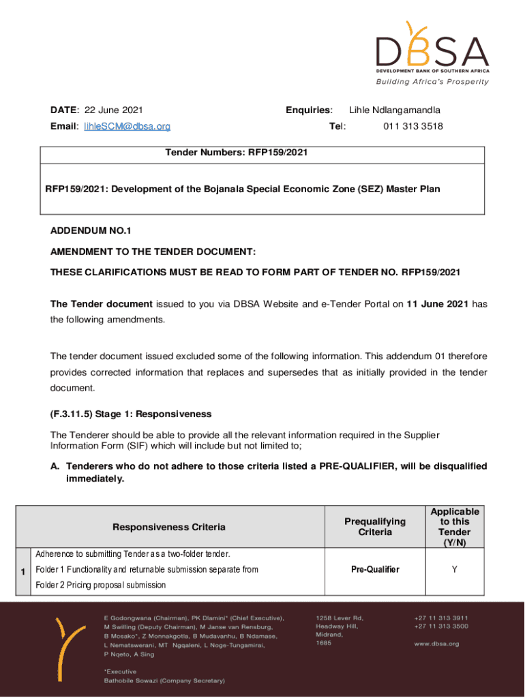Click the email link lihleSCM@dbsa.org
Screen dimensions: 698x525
click(x=127, y=126)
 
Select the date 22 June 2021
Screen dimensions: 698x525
click(x=113, y=110)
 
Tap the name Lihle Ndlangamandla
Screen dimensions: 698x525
click(x=395, y=110)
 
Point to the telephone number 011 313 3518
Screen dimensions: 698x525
click(x=413, y=126)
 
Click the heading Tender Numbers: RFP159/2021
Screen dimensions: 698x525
click(x=237, y=153)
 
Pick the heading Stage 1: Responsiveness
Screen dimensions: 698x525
click(x=131, y=414)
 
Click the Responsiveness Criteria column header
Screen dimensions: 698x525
click(x=168, y=527)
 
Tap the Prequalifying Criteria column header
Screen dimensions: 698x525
click(x=375, y=527)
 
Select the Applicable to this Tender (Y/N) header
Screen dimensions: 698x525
click(x=454, y=527)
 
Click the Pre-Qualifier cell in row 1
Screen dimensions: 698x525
click(x=375, y=569)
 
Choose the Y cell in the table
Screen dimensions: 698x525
click(x=454, y=569)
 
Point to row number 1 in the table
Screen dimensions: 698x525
click(x=23, y=571)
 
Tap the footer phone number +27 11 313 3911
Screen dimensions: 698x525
click(x=440, y=618)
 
